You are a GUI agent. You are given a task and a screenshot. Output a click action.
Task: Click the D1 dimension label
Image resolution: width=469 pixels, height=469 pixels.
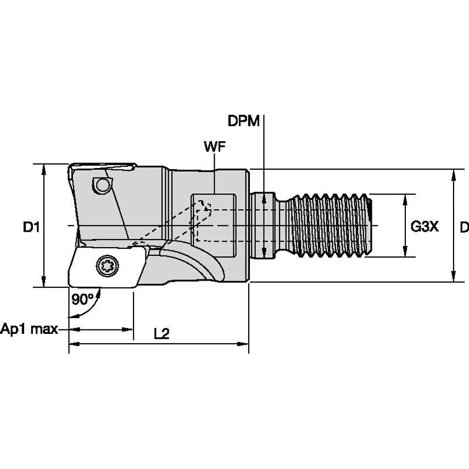pyautogui.click(x=30, y=226)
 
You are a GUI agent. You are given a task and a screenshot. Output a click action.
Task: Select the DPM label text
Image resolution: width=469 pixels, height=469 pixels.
pyautogui.click(x=244, y=121)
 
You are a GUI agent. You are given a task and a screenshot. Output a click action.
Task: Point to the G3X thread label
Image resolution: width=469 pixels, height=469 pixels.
pyautogui.click(x=425, y=226)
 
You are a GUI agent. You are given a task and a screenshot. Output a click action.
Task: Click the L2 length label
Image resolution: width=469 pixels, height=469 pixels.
pyautogui.click(x=161, y=333)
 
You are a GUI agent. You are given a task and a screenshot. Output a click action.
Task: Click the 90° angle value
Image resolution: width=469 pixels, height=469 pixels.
pyautogui.click(x=82, y=299)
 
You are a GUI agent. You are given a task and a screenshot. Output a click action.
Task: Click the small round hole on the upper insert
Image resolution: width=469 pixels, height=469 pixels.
pyautogui.click(x=101, y=186)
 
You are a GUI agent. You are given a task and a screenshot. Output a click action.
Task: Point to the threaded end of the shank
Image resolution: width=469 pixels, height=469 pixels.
pyautogui.click(x=332, y=225)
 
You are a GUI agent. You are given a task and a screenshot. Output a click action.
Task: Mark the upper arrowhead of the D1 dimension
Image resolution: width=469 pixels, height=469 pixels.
pyautogui.click(x=44, y=168)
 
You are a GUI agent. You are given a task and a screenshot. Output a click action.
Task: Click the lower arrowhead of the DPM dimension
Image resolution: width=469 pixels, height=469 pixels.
pyautogui.click(x=264, y=254)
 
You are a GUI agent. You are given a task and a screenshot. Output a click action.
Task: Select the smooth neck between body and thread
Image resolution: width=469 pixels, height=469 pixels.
pyautogui.click(x=269, y=225)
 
